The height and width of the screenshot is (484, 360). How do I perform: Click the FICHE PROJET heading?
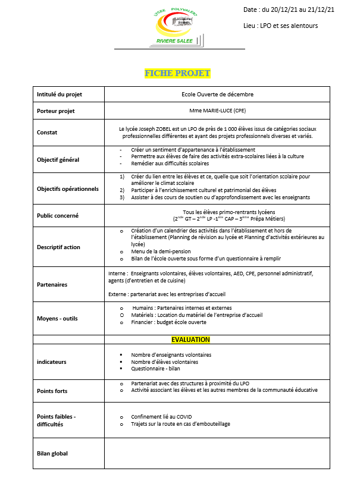click(x=177, y=73)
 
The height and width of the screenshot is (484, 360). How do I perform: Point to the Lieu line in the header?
click(x=280, y=26)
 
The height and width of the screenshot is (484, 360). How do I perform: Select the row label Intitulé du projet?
click(x=60, y=95)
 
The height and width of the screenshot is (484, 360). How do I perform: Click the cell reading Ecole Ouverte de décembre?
click(x=217, y=95)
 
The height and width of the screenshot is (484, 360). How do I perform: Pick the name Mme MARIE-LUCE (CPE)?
click(x=217, y=111)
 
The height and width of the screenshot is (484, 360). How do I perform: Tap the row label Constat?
click(x=47, y=133)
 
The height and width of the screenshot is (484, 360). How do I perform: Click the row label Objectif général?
click(x=58, y=159)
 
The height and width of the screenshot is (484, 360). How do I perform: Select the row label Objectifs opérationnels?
click(x=67, y=188)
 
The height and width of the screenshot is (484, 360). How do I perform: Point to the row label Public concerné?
click(x=58, y=216)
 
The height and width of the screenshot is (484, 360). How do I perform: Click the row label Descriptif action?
click(x=58, y=247)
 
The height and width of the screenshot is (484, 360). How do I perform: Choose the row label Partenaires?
click(x=52, y=284)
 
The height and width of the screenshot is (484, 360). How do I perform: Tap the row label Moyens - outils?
click(x=57, y=318)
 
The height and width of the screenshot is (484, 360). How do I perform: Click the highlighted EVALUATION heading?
click(x=190, y=340)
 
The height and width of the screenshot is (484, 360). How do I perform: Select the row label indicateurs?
click(x=52, y=362)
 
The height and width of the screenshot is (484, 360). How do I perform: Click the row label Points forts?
click(x=52, y=391)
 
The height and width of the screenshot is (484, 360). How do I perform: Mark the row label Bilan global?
click(x=52, y=454)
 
